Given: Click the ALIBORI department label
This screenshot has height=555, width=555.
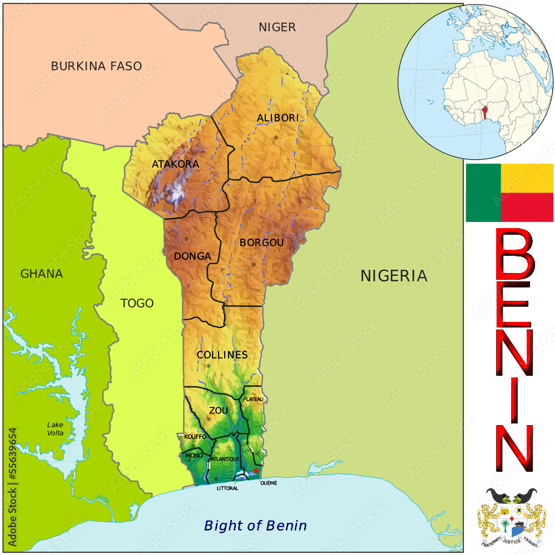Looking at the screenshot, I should [x=277, y=118].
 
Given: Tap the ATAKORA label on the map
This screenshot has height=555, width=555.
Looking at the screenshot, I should [x=175, y=164].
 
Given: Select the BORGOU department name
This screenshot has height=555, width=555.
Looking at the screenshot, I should [x=261, y=243].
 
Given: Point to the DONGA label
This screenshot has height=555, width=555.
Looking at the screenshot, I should [x=193, y=256].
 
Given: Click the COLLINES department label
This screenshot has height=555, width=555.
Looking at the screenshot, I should [x=222, y=355].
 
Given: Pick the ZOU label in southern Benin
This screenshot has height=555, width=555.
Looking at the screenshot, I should [x=218, y=410].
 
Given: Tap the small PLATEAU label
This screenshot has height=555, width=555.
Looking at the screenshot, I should [x=253, y=399].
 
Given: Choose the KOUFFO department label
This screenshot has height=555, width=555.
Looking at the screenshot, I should [x=195, y=437].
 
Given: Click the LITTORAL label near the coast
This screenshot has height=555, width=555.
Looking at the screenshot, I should [x=228, y=488].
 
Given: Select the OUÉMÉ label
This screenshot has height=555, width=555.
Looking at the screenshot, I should [x=268, y=483].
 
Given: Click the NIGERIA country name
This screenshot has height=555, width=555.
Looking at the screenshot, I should [x=393, y=276].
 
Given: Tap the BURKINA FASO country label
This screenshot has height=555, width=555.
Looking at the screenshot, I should [x=97, y=66].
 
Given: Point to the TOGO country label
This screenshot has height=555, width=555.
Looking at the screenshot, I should [x=137, y=303].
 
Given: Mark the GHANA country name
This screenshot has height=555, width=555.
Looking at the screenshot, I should [x=42, y=274].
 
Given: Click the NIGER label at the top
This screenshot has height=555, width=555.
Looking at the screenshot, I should [x=277, y=27].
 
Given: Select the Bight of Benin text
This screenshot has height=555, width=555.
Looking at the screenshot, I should [x=255, y=525].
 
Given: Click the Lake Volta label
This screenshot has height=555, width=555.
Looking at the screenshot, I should [x=55, y=429].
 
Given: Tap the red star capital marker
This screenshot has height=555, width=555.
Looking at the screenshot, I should [x=255, y=471].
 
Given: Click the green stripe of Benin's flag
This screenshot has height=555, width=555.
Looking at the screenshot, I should [x=483, y=193].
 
